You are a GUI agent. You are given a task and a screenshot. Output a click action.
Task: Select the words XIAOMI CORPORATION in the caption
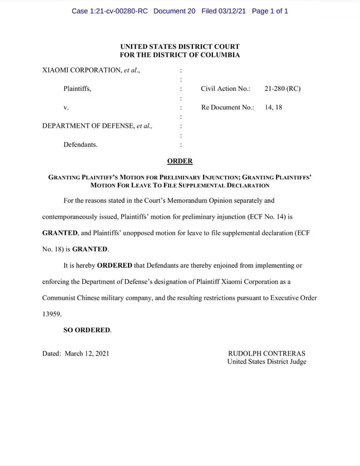(81, 70)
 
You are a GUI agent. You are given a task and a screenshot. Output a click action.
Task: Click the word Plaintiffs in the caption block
(77, 89)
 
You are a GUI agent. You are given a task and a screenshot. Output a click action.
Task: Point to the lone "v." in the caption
(66, 107)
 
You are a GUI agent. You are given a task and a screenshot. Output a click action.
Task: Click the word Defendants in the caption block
(80, 144)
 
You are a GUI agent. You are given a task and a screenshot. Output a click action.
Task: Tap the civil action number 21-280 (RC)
(282, 89)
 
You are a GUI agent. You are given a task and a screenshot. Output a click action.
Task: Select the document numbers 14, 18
(273, 107)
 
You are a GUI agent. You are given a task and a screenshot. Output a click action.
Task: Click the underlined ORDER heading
(180, 161)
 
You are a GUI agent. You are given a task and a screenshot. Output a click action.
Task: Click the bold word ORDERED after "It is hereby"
(114, 266)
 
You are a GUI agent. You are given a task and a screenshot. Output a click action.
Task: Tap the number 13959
(51, 314)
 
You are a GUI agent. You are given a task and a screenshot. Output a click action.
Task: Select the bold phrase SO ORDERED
(86, 330)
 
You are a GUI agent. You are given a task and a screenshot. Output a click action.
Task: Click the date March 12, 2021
(87, 353)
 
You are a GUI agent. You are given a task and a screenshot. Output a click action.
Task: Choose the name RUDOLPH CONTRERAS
(266, 353)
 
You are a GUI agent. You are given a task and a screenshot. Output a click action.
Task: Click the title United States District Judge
(266, 362)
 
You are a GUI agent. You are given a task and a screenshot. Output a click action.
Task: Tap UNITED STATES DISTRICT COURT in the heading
(180, 47)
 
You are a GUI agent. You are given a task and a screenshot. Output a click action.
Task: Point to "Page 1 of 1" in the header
(270, 11)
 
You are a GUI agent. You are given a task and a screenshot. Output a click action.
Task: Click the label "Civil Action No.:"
(225, 89)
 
